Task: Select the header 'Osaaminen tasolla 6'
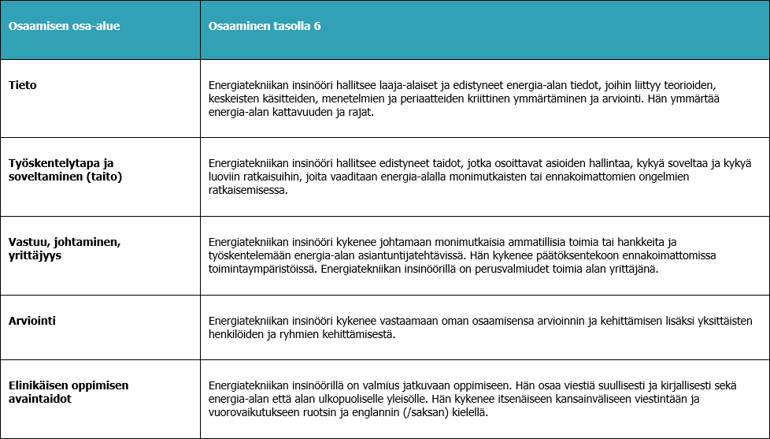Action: [264, 26]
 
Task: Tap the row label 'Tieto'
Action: [22, 84]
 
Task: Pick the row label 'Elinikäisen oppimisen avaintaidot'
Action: [68, 392]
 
